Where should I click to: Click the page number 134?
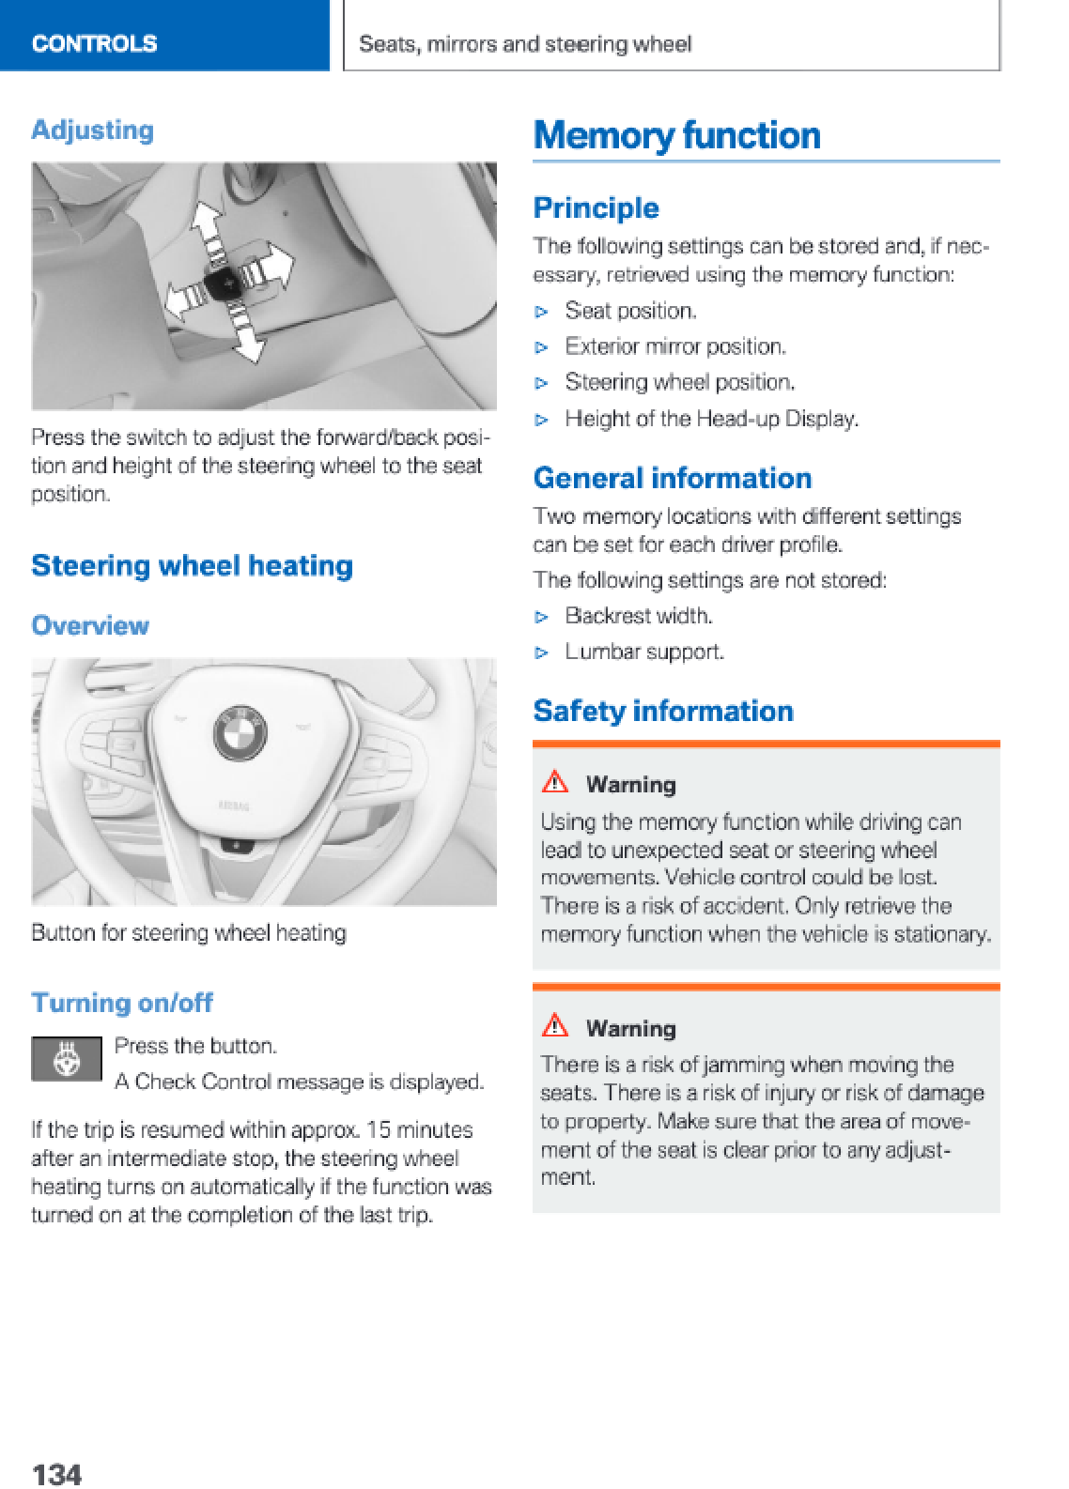[56, 1473]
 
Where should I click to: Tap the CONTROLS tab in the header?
[94, 43]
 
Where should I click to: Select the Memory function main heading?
[676, 135]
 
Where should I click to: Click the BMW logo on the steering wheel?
[240, 732]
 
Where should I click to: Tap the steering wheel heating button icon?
[67, 1059]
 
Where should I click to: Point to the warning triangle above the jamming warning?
[555, 1025]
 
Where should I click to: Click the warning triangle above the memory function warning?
[555, 781]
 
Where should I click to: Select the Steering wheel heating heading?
[192, 565]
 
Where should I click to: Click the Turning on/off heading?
[122, 1003]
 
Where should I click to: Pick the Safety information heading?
[663, 711]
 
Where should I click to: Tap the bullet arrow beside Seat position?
[541, 312]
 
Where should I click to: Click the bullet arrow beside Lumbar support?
[541, 652]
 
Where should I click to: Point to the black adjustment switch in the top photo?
[225, 282]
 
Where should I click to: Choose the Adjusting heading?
[92, 130]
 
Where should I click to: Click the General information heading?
[673, 478]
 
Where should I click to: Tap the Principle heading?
[596, 207]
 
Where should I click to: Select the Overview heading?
[90, 625]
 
